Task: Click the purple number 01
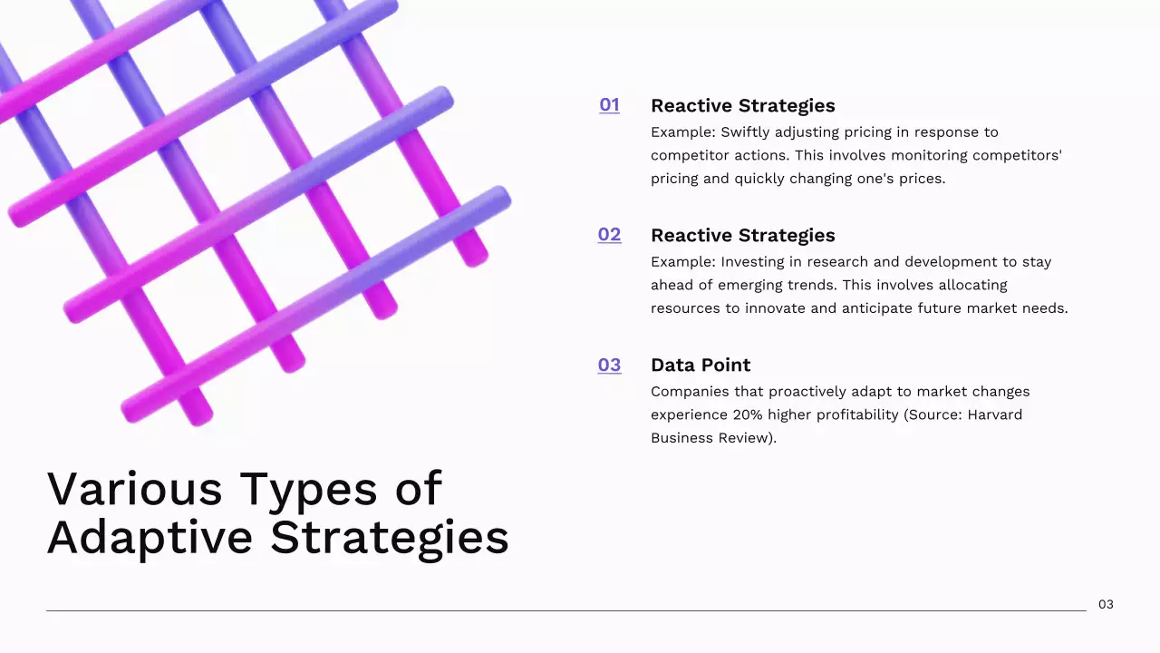pos(609,105)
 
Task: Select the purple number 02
pos(609,235)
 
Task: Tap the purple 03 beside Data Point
pos(609,365)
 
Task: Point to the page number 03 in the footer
pos(1106,604)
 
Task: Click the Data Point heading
pos(701,365)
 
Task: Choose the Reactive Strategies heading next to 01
pos(742,105)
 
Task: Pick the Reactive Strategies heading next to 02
pos(742,235)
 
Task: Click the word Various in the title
pos(134,489)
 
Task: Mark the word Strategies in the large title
pos(390,539)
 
